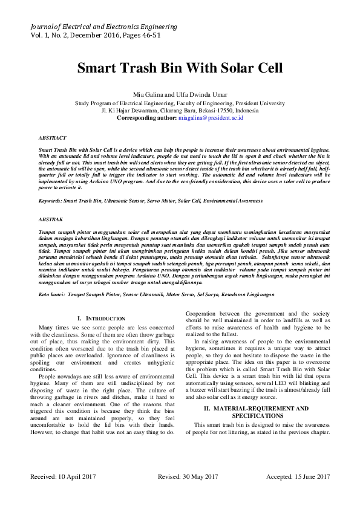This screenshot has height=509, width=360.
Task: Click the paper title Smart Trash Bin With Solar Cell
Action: tap(180, 68)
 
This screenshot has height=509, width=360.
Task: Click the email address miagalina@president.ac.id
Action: tap(211, 118)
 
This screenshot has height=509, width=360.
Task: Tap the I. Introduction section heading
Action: tap(102, 318)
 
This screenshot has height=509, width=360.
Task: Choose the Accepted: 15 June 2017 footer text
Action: tap(294, 477)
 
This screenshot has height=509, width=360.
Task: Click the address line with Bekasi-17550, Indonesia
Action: tap(180, 111)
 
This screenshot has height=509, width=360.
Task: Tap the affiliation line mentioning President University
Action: tap(180, 103)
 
